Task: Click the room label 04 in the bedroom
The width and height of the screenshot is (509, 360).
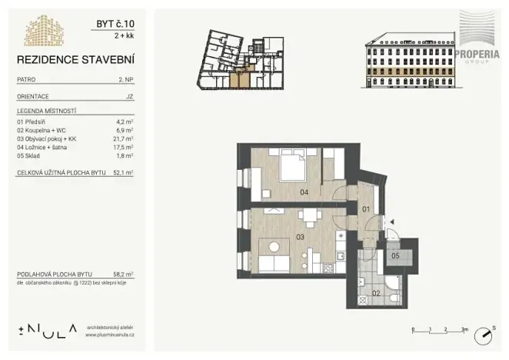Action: [x=304, y=192]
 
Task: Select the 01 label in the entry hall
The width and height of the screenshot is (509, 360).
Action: [x=366, y=208]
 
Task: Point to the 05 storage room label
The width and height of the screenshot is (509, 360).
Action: [x=394, y=255]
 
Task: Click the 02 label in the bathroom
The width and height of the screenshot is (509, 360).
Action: [x=376, y=293]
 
